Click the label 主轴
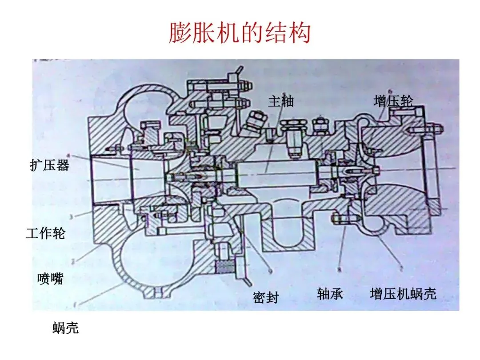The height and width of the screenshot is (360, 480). click(x=281, y=101)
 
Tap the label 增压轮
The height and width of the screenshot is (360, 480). click(x=393, y=101)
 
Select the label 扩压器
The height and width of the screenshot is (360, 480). click(x=50, y=166)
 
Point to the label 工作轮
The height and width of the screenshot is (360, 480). click(x=45, y=233)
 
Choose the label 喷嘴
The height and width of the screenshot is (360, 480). click(x=50, y=279)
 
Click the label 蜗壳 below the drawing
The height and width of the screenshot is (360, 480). click(x=65, y=328)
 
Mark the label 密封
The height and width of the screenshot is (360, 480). click(x=266, y=297)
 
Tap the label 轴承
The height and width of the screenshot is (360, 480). click(x=330, y=293)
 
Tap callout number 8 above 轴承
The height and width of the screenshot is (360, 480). click(x=339, y=269)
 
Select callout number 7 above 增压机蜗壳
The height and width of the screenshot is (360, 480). click(x=401, y=269)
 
